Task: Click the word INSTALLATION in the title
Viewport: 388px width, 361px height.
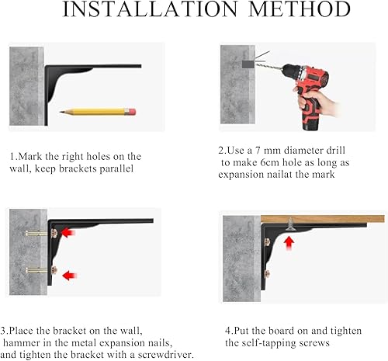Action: (150, 9)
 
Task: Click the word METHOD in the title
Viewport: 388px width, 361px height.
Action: (300, 9)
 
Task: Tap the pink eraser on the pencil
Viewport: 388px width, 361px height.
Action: (132, 112)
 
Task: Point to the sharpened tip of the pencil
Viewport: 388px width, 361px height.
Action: (61, 112)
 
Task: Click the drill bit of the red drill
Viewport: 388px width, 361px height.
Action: (269, 67)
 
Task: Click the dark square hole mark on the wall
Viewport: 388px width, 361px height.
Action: (248, 63)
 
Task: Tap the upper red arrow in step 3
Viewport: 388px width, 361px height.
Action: (68, 232)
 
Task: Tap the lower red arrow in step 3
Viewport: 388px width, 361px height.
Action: (70, 276)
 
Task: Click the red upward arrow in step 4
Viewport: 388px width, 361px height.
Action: (289, 244)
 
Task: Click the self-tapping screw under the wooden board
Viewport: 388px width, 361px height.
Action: (291, 224)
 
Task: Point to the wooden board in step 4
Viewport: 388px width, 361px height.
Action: (323, 219)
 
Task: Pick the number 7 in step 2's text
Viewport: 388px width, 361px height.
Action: (258, 151)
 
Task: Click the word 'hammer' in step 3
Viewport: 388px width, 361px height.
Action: (22, 343)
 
